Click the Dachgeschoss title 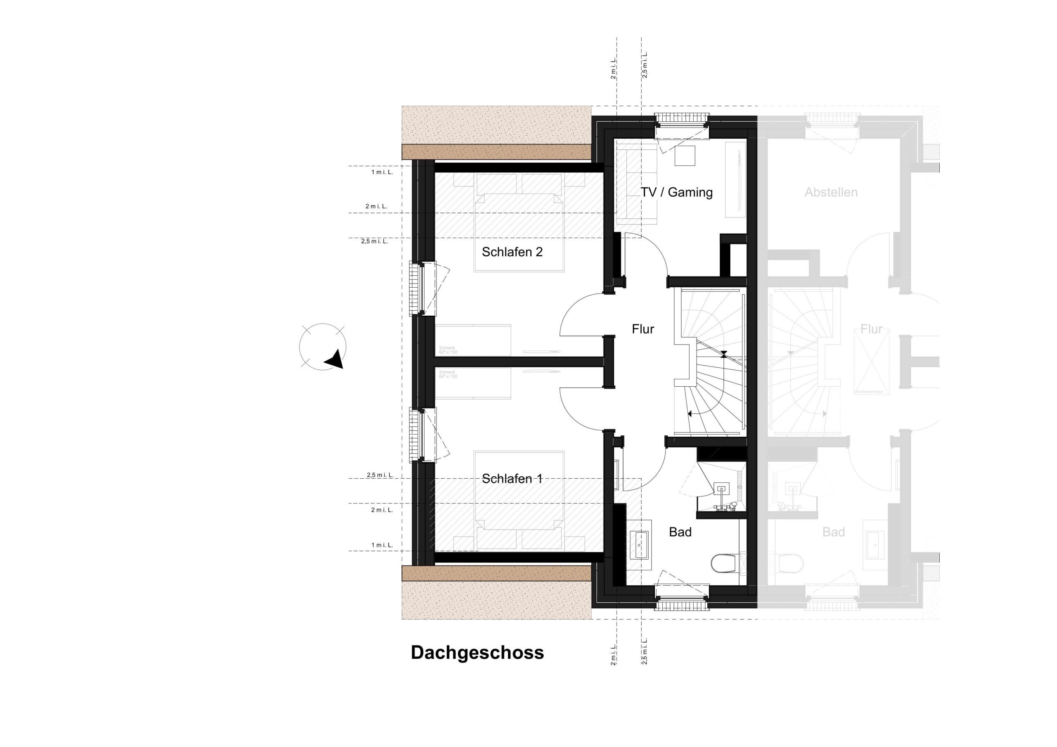(477, 652)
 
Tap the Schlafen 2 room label (512, 252)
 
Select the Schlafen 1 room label (512, 479)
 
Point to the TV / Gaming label (676, 192)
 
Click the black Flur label (643, 329)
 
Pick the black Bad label (680, 532)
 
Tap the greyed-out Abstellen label (831, 192)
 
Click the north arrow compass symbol (323, 347)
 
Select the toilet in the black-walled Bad (724, 563)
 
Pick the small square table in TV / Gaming (685, 156)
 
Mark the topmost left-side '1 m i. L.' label (382, 172)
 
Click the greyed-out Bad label (833, 532)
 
